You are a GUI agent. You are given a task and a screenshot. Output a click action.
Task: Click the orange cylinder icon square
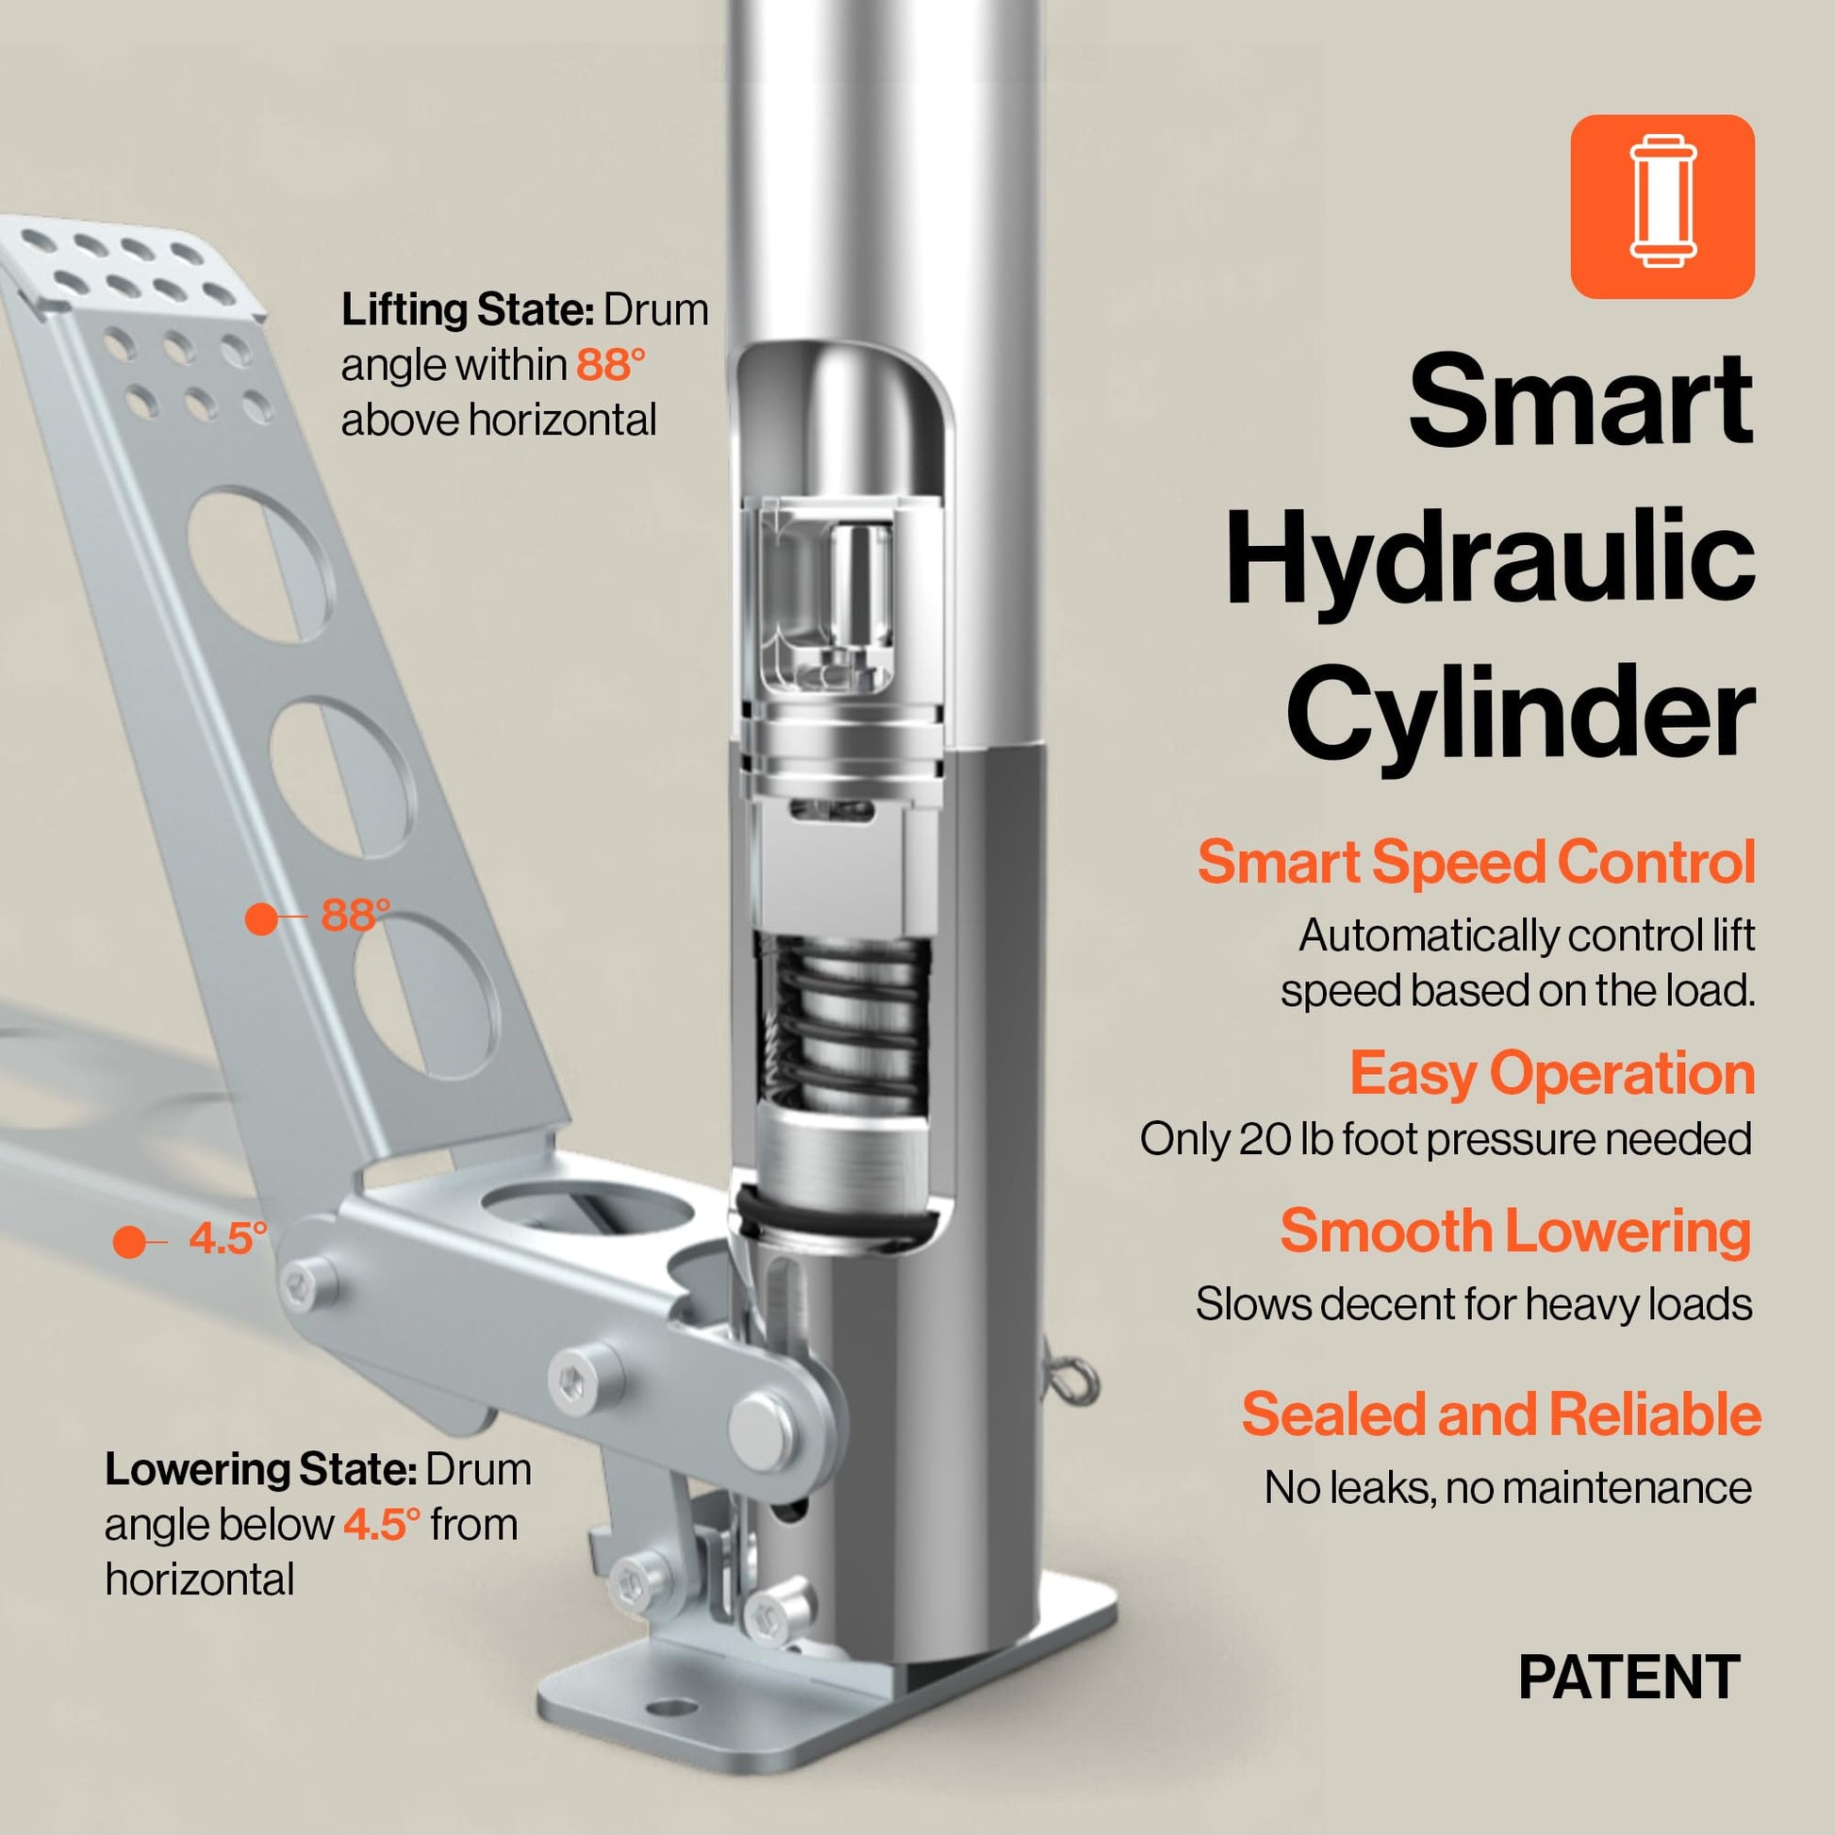click(x=1662, y=207)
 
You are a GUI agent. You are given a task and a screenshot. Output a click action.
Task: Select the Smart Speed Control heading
click(x=1476, y=862)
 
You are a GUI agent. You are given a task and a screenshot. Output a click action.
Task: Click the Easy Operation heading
click(x=1552, y=1074)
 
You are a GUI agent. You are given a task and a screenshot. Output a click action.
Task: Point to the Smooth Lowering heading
click(x=1516, y=1231)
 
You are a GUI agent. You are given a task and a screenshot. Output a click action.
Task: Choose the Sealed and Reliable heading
click(x=1501, y=1414)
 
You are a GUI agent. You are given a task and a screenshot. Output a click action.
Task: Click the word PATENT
click(x=1628, y=1678)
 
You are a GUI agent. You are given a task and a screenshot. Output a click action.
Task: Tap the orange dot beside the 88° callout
click(x=261, y=918)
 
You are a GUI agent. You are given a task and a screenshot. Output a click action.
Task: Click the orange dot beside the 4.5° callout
click(x=129, y=1242)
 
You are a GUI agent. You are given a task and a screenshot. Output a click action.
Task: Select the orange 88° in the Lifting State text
click(x=611, y=365)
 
